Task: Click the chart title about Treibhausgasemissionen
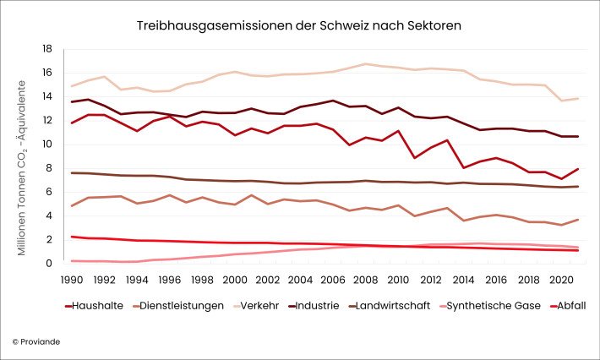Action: [299, 26]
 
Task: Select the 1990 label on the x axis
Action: [72, 278]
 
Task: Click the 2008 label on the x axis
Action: [365, 278]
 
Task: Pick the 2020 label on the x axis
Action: [560, 278]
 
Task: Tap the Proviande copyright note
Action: [37, 341]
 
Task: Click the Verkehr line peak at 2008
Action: [365, 64]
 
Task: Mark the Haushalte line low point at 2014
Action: [463, 167]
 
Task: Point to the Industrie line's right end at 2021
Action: [577, 136]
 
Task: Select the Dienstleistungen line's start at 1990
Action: [72, 205]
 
